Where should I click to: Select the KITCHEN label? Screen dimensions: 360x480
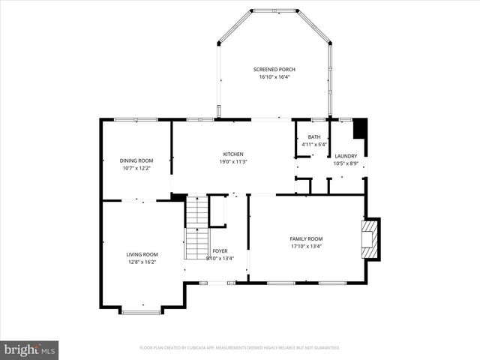click(x=233, y=154)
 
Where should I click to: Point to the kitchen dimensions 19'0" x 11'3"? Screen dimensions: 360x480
click(x=233, y=161)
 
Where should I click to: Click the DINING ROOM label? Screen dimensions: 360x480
click(x=136, y=160)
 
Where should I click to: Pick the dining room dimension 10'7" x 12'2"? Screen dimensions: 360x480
click(x=136, y=167)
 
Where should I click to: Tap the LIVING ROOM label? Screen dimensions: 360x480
click(x=142, y=254)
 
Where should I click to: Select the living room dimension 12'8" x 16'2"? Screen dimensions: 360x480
click(x=142, y=262)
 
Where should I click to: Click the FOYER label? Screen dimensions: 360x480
click(x=220, y=251)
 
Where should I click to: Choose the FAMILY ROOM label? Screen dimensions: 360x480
click(x=306, y=238)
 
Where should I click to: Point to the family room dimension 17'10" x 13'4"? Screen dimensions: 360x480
click(x=306, y=245)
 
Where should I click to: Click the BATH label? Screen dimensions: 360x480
click(x=314, y=137)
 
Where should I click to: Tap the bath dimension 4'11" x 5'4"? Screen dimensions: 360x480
click(x=314, y=144)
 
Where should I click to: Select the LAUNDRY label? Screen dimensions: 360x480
click(x=346, y=156)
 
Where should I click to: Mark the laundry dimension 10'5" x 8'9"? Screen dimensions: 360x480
click(x=346, y=163)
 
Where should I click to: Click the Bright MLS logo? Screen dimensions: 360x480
click(x=30, y=349)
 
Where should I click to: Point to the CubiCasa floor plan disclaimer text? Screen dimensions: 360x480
click(x=240, y=348)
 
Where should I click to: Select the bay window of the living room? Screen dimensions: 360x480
click(x=140, y=310)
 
